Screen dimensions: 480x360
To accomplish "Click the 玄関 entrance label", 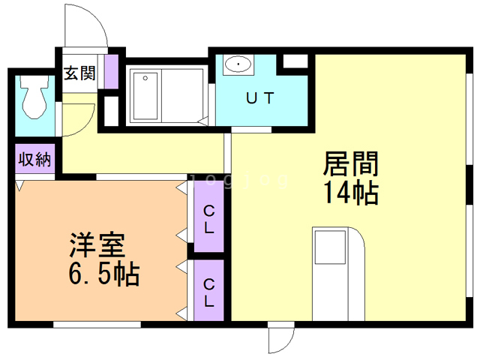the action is (x=79, y=73).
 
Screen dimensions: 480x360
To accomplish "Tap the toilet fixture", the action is (x=34, y=97).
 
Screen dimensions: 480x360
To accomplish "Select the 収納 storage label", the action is (x=34, y=159).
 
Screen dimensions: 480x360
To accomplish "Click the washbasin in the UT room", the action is (x=238, y=64).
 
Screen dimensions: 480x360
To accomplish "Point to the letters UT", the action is (x=260, y=98).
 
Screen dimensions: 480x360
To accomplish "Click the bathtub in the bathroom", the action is (x=145, y=96).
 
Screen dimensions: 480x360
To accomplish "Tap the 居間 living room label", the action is (x=351, y=163).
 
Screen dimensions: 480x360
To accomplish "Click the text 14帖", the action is (x=351, y=193).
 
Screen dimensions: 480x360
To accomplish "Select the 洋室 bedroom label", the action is (x=97, y=245).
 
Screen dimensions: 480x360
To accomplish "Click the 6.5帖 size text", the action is (x=103, y=274).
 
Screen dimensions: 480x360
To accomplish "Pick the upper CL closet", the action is (x=209, y=217).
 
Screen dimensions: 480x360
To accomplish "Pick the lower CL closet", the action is (x=209, y=290).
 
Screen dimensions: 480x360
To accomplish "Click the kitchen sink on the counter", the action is (x=330, y=247).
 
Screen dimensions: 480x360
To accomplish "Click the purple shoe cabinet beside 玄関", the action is (x=112, y=72).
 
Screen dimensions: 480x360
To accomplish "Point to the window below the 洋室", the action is (x=97, y=325).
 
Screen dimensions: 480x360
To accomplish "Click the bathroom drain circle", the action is (x=145, y=78).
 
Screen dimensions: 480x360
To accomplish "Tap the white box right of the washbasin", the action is (x=295, y=61).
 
